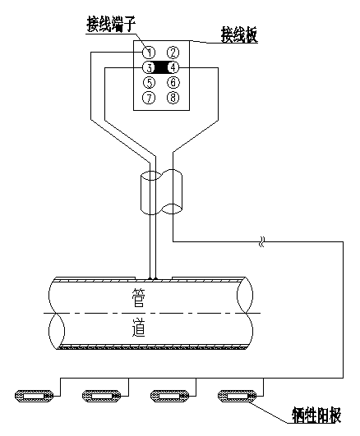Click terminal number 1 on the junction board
(149, 52)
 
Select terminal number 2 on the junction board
(173, 52)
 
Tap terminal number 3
(149, 67)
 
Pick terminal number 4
(173, 67)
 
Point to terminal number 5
(149, 83)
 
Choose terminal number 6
(173, 83)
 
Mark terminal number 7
(149, 98)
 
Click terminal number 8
(173, 98)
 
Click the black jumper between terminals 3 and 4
(161, 67)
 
